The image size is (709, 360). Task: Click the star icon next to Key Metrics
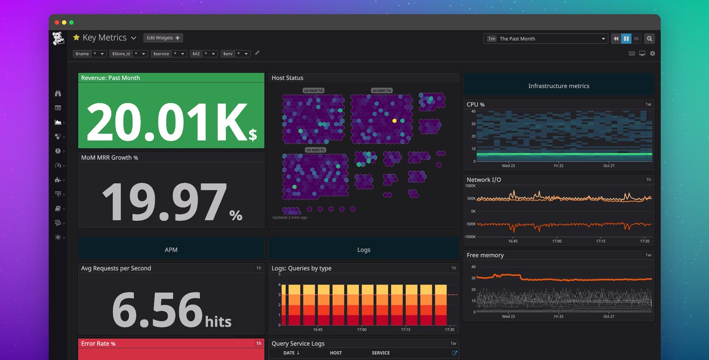pyautogui.click(x=76, y=37)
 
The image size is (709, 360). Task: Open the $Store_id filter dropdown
pyautogui.click(x=129, y=54)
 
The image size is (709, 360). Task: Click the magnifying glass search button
pyautogui.click(x=649, y=38)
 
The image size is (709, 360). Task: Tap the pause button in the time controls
pyautogui.click(x=626, y=38)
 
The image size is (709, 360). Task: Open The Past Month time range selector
pyautogui.click(x=546, y=38)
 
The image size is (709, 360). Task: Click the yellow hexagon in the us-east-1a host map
pyautogui.click(x=394, y=121)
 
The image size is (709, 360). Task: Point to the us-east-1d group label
pyautogui.click(x=313, y=91)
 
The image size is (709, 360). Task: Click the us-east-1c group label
pyautogui.click(x=315, y=150)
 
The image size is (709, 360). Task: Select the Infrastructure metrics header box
pyautogui.click(x=559, y=86)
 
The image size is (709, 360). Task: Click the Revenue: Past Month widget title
pyautogui.click(x=110, y=78)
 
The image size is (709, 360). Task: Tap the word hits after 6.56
pyautogui.click(x=218, y=321)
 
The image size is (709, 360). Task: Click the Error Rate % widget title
pyautogui.click(x=98, y=343)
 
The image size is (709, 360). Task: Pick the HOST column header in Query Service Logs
pyautogui.click(x=336, y=353)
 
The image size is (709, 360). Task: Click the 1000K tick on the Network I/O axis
pyautogui.click(x=470, y=186)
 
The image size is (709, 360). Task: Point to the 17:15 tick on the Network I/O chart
pyautogui.click(x=601, y=242)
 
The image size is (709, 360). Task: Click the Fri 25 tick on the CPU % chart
pyautogui.click(x=558, y=166)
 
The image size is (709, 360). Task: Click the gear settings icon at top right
pyautogui.click(x=652, y=54)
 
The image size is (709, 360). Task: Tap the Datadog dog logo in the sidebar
pyautogui.click(x=58, y=38)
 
